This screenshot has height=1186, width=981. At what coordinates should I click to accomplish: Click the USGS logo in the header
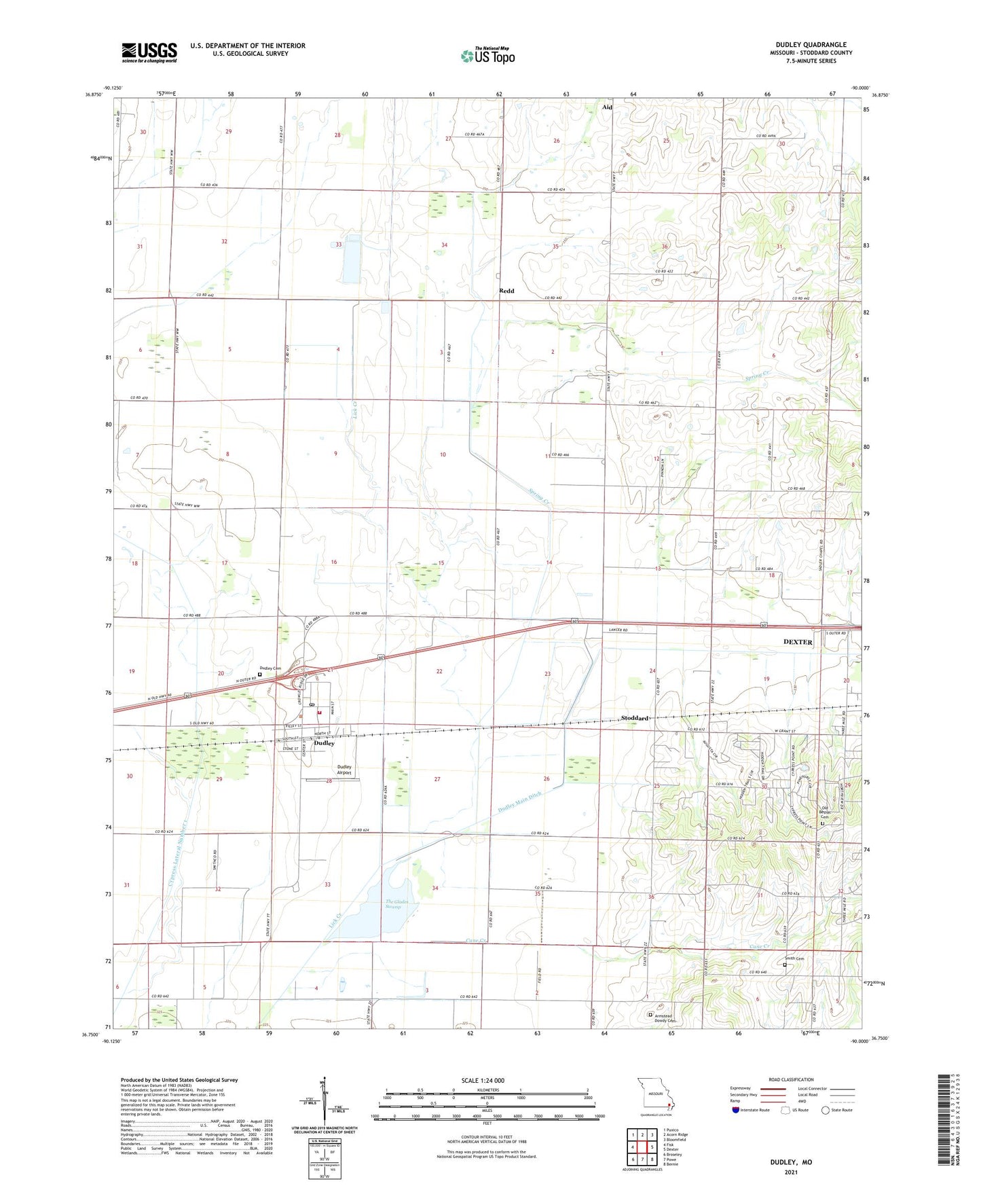tap(149, 52)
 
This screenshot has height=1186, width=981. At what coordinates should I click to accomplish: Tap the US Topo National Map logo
tap(487, 56)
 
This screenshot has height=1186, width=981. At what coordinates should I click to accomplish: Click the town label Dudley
tap(324, 743)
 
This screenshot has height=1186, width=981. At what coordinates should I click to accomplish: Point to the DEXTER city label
tap(798, 642)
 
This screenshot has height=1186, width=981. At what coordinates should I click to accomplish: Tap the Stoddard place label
tap(635, 718)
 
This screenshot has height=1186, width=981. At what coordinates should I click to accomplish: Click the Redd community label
tap(506, 291)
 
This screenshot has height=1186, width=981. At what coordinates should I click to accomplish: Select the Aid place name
tap(607, 107)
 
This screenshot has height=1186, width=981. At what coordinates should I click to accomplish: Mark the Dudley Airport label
tap(345, 770)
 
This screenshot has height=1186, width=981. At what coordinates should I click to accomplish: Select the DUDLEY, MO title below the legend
tap(790, 1162)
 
